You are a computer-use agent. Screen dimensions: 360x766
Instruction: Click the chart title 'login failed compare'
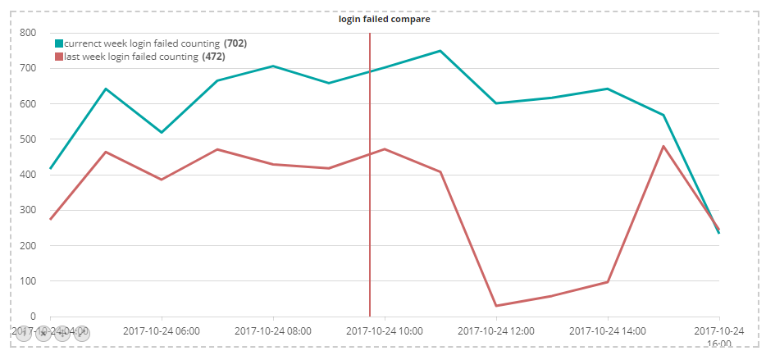384,19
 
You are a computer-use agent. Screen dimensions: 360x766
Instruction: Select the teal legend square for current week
59,43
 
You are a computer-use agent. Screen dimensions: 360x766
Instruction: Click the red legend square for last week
59,57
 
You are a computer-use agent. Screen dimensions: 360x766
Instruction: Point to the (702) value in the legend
235,43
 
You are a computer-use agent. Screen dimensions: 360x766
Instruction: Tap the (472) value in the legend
213,57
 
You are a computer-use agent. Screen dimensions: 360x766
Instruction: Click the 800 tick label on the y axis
28,33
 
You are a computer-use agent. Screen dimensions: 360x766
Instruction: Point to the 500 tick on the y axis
28,139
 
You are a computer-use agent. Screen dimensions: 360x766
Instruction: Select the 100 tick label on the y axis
28,281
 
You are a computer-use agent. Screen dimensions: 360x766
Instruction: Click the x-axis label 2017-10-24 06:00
162,331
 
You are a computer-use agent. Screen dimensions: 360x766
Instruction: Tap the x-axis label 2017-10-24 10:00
385,331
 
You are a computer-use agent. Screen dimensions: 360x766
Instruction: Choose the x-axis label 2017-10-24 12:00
496,331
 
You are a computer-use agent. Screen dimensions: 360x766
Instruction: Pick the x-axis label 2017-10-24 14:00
608,331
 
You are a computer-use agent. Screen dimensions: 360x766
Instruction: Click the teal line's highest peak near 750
440,51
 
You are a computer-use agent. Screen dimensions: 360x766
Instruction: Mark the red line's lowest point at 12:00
496,306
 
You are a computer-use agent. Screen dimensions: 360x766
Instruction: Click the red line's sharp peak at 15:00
663,146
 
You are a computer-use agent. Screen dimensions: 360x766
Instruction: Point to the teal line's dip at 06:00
162,132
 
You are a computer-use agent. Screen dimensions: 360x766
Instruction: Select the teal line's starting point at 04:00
51,169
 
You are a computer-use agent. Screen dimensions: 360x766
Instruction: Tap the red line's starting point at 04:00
51,219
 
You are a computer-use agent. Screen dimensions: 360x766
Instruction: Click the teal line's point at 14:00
608,89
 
